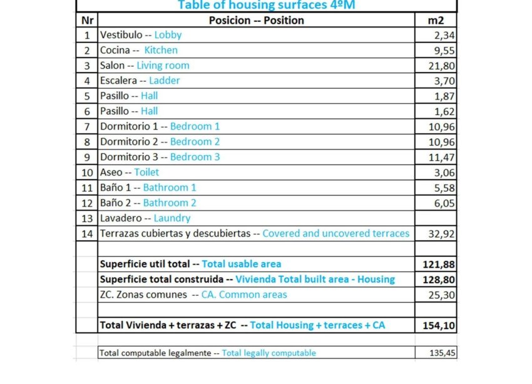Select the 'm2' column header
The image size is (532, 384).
point(436,20)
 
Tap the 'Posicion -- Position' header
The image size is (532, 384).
point(257,20)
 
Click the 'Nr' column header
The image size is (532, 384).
point(87,20)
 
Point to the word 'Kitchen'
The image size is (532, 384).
point(161,50)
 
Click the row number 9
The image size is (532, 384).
point(87,157)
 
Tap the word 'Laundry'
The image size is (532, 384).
point(172,218)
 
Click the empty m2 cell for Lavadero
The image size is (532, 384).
point(436,218)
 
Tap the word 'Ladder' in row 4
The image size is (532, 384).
point(165,81)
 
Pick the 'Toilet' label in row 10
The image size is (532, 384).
point(146,172)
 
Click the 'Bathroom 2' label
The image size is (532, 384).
point(170,203)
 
